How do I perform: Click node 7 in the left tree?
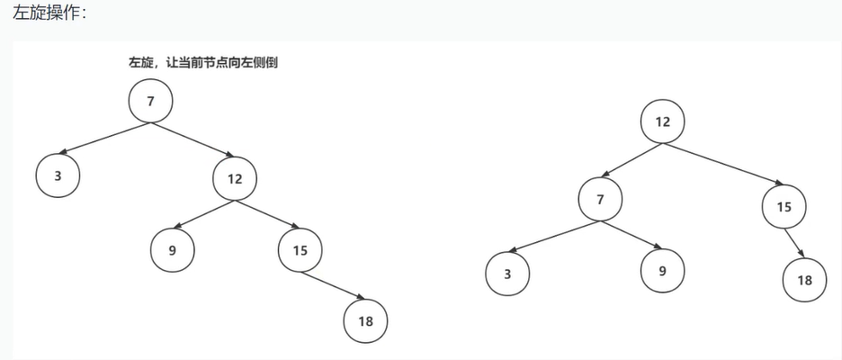click(150, 101)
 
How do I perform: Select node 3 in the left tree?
click(58, 175)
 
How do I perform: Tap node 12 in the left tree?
click(235, 178)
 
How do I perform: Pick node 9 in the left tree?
click(172, 251)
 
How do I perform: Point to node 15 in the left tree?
click(300, 251)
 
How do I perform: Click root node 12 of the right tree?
click(663, 121)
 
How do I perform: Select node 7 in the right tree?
click(600, 200)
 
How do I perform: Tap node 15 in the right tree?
click(784, 207)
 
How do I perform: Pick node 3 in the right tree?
click(508, 274)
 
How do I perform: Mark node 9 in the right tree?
click(663, 267)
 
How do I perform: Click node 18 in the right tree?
click(804, 279)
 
